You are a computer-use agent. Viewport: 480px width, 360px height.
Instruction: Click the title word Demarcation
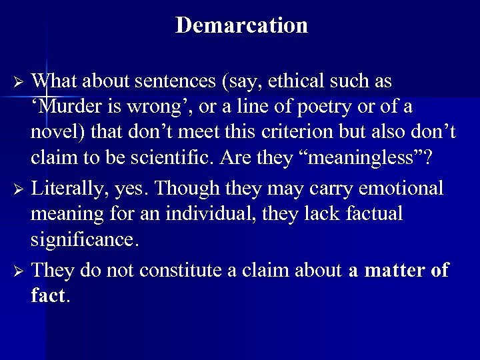click(241, 25)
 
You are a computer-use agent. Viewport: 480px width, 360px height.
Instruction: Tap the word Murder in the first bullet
click(67, 107)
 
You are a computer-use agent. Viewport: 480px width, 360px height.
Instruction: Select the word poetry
click(321, 107)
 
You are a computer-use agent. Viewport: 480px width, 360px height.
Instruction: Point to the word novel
click(54, 132)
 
